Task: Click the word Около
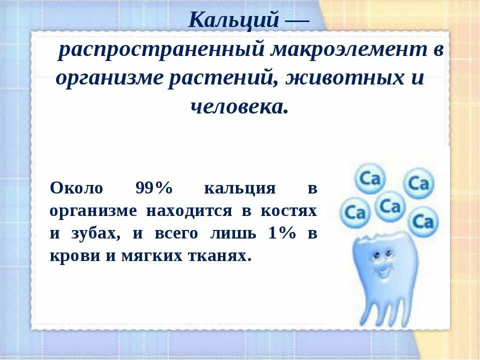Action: [x=76, y=188]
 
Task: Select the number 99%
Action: [x=153, y=188]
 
